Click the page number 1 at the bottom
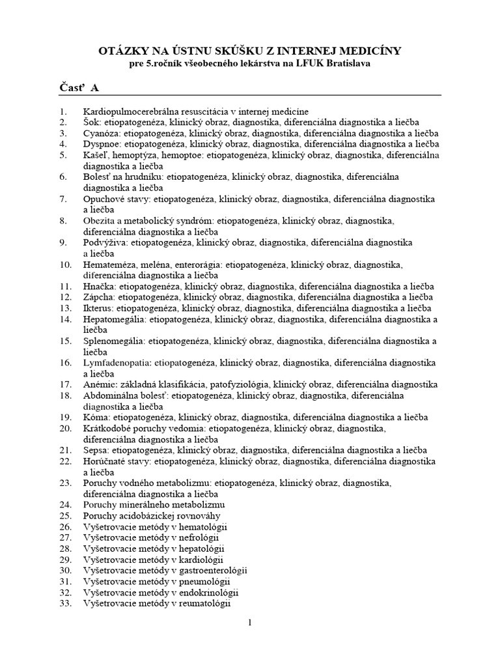click(249, 623)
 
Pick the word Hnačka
click(100, 286)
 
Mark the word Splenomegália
click(114, 341)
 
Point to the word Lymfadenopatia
click(117, 363)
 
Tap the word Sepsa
click(96, 450)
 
